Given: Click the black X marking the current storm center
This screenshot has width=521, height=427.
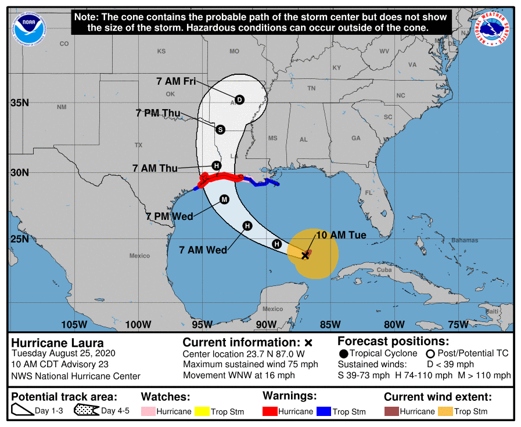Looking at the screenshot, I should click(306, 255).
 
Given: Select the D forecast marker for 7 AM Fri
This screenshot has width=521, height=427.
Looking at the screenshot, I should click(239, 100).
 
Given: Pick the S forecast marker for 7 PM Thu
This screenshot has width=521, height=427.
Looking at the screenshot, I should click(220, 129).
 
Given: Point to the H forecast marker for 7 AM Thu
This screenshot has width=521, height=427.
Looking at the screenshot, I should click(216, 165).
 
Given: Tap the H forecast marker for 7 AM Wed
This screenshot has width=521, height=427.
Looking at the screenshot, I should click(247, 226).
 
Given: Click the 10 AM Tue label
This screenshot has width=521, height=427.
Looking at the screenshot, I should click(340, 235).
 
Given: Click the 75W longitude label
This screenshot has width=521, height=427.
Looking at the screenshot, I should click(458, 324).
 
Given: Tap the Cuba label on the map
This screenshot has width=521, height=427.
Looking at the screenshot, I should click(384, 270).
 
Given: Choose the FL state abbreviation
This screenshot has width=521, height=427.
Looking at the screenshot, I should click(368, 193).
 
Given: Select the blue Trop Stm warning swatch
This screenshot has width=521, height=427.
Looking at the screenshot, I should click(324, 411).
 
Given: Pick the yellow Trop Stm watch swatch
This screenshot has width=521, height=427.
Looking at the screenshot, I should click(202, 411).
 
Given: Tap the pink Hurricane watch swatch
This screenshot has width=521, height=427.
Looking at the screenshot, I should click(149, 411).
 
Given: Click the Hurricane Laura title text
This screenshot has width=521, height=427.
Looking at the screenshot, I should click(58, 342).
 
